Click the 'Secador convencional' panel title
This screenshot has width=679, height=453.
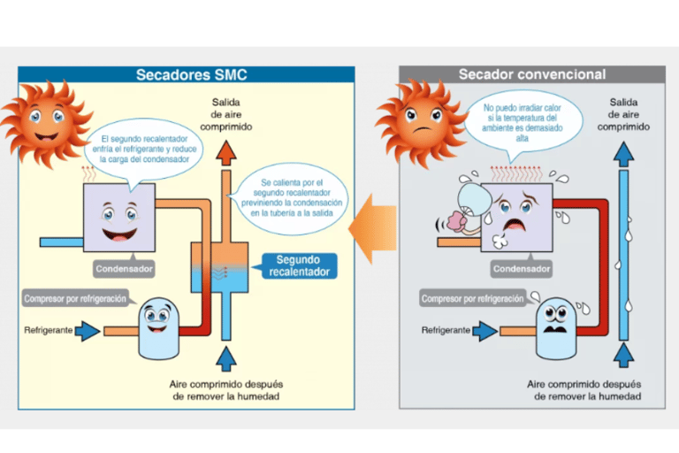pyautogui.click(x=531, y=75)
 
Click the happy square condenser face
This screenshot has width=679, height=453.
pyautogui.click(x=119, y=218)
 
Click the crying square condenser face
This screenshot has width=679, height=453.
pyautogui.click(x=516, y=218)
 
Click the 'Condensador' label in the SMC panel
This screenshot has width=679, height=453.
pyautogui.click(x=124, y=268)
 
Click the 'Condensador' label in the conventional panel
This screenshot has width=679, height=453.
pyautogui.click(x=521, y=268)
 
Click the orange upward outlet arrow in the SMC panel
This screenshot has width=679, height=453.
pyautogui.click(x=227, y=152)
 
